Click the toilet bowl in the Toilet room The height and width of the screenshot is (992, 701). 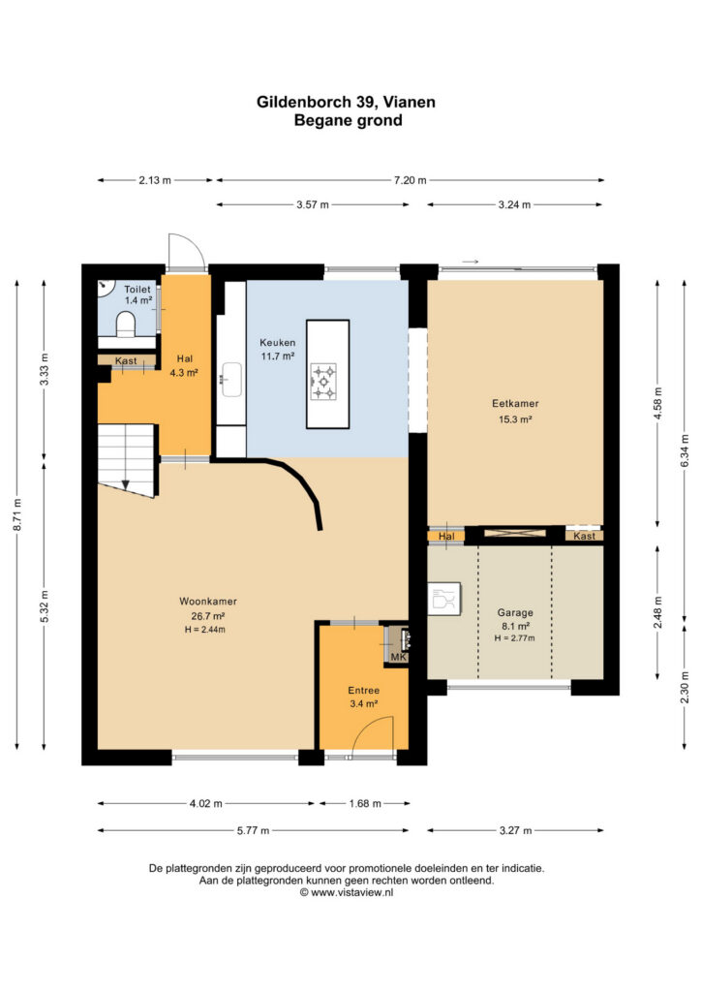pyautogui.click(x=127, y=324)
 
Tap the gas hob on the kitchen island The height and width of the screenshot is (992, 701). pyautogui.click(x=323, y=382)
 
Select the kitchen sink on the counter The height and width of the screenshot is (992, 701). pyautogui.click(x=232, y=380)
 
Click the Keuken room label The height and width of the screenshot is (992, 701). pyautogui.click(x=278, y=342)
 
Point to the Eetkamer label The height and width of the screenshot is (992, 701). pyautogui.click(x=515, y=403)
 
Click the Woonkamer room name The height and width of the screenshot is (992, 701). pyautogui.click(x=208, y=601)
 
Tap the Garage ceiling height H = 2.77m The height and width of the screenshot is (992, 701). pyautogui.click(x=514, y=637)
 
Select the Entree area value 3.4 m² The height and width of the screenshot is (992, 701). pyautogui.click(x=363, y=703)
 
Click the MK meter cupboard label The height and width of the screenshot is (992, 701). pyautogui.click(x=398, y=658)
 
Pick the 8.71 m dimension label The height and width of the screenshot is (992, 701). pyautogui.click(x=17, y=515)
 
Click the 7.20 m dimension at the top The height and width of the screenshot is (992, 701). pyautogui.click(x=411, y=180)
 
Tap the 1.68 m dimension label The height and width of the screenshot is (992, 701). pyautogui.click(x=365, y=803)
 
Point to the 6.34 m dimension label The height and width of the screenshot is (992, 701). pyautogui.click(x=685, y=450)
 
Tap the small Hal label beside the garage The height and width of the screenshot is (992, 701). pyautogui.click(x=446, y=537)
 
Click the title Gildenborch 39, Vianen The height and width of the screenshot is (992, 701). pyautogui.click(x=346, y=102)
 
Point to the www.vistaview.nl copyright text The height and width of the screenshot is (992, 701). pyautogui.click(x=347, y=892)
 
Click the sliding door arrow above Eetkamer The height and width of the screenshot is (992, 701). pyautogui.click(x=471, y=262)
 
